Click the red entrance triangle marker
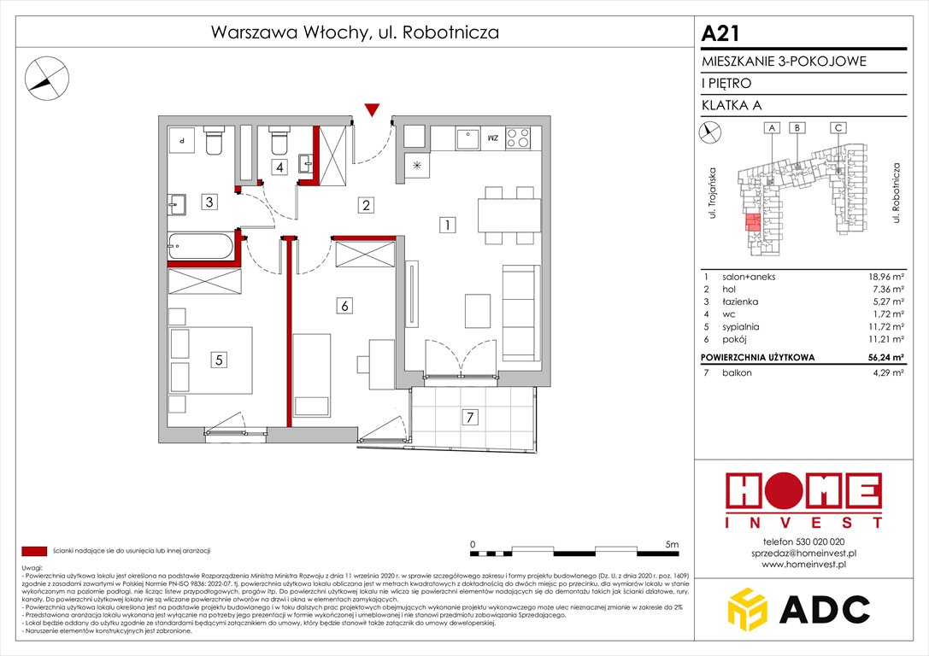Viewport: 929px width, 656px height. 371,109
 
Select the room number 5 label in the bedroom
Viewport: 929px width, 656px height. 220,360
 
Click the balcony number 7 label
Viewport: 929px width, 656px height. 467,418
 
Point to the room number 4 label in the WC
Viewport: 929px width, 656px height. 279,167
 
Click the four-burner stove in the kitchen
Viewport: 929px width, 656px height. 518,138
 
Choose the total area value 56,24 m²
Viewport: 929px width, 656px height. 881,359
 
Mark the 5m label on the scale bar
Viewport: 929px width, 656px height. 671,544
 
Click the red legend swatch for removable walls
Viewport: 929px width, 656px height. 34,551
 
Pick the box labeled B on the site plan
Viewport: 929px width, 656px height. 797,128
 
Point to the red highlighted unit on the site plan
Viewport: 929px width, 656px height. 750,224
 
